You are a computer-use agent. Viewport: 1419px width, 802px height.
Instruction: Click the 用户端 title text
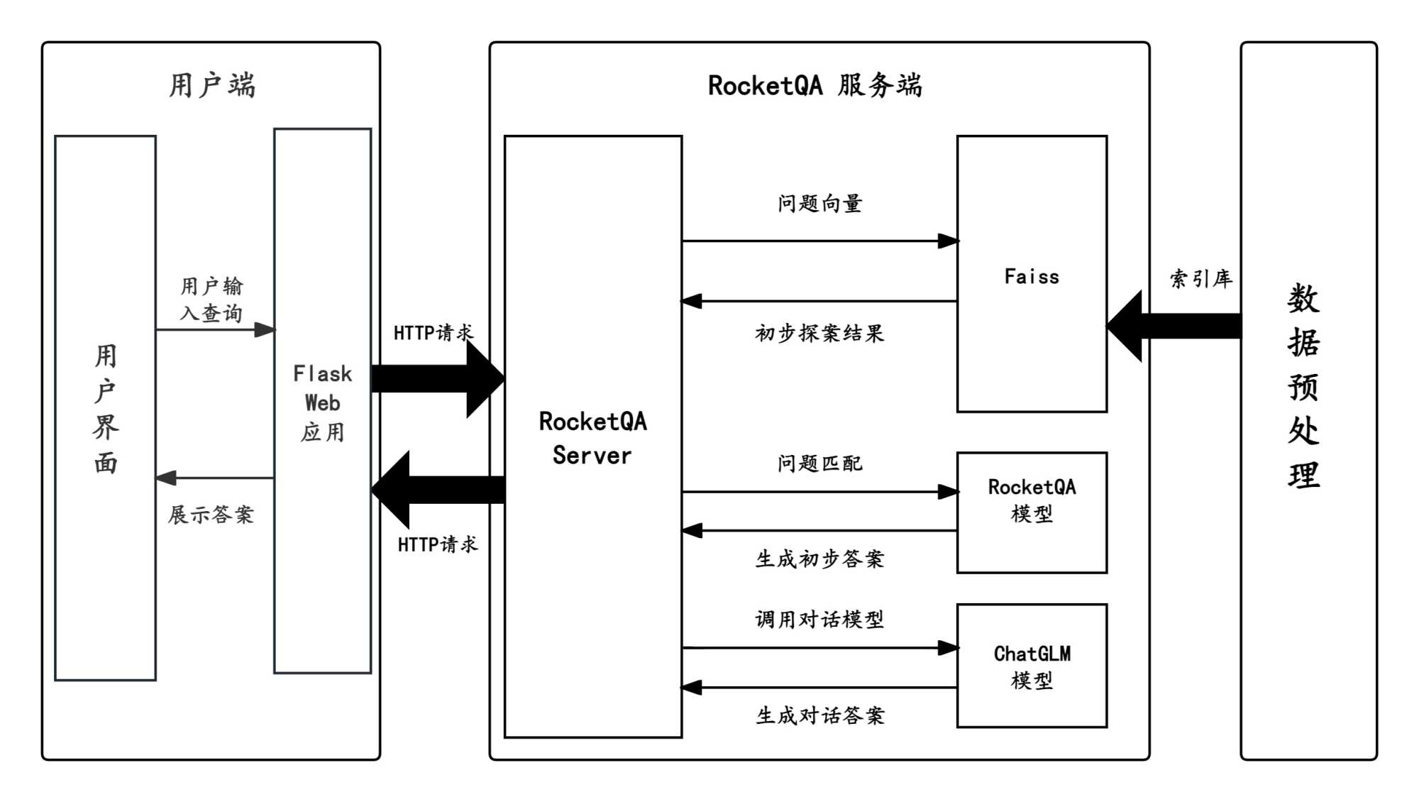pyautogui.click(x=211, y=85)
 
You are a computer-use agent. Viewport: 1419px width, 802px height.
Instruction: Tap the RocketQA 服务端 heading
pyautogui.click(x=815, y=85)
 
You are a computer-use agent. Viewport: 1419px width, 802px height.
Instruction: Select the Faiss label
pyautogui.click(x=1032, y=276)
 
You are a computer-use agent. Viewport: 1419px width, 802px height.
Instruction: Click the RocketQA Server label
pyautogui.click(x=592, y=438)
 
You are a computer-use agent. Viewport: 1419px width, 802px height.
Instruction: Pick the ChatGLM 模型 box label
pyautogui.click(x=1032, y=666)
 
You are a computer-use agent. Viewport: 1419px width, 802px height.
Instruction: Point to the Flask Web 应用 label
pyautogui.click(x=323, y=402)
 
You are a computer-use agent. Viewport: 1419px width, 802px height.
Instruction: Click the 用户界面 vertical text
pyautogui.click(x=106, y=409)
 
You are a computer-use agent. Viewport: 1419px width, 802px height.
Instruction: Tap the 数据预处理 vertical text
pyautogui.click(x=1304, y=386)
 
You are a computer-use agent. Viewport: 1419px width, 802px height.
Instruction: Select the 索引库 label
pyautogui.click(x=1200, y=278)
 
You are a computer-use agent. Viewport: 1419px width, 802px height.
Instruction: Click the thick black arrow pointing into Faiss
pyautogui.click(x=1174, y=326)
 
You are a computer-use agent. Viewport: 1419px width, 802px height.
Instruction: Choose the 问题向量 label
pyautogui.click(x=819, y=204)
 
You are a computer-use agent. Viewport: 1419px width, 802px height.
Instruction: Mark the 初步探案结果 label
pyautogui.click(x=819, y=333)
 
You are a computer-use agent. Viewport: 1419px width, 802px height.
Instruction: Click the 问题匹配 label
pyautogui.click(x=819, y=463)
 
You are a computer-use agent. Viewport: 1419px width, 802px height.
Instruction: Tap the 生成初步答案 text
pyautogui.click(x=819, y=559)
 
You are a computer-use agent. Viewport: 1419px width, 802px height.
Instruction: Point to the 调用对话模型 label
pyautogui.click(x=819, y=619)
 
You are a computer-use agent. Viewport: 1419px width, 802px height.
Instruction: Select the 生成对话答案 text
pyautogui.click(x=819, y=715)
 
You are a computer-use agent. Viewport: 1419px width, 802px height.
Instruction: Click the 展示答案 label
pyautogui.click(x=211, y=515)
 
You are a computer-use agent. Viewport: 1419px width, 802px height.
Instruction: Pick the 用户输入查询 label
pyautogui.click(x=211, y=300)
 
